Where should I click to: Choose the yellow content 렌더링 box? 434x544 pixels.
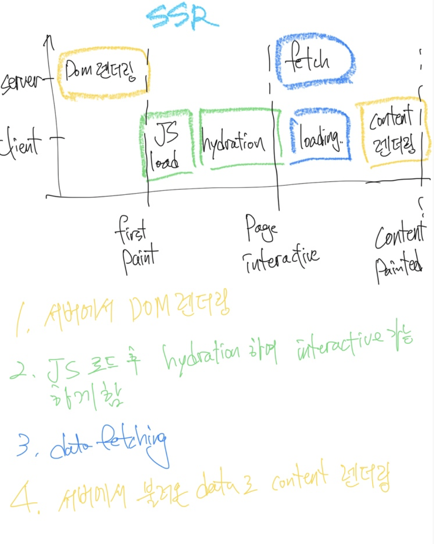point(393,133)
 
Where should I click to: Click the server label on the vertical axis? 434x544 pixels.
point(20,83)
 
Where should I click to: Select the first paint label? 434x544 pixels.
point(136,245)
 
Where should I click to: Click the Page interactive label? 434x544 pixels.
point(277,243)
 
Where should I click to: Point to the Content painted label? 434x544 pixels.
point(399,252)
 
